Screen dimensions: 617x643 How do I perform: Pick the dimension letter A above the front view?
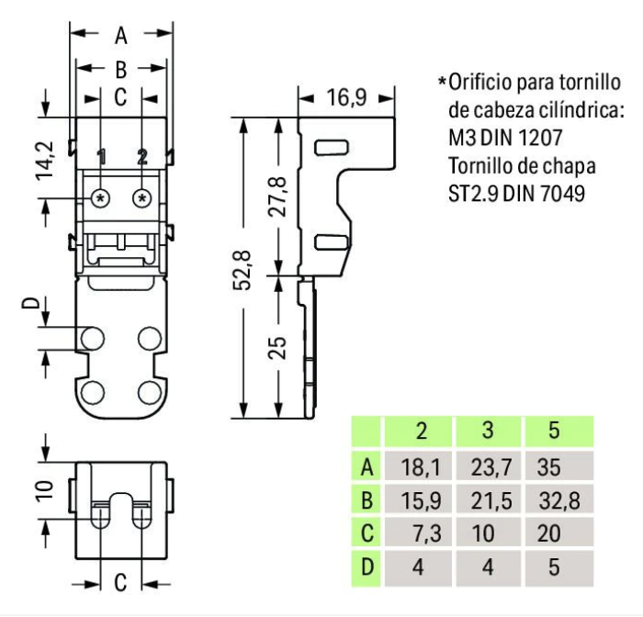tap(121, 36)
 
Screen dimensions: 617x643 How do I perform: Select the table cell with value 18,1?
tap(420, 467)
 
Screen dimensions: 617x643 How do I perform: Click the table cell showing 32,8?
tap(554, 500)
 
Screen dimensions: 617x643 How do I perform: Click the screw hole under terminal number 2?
tap(141, 198)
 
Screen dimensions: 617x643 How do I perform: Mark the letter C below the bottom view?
tap(120, 582)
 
